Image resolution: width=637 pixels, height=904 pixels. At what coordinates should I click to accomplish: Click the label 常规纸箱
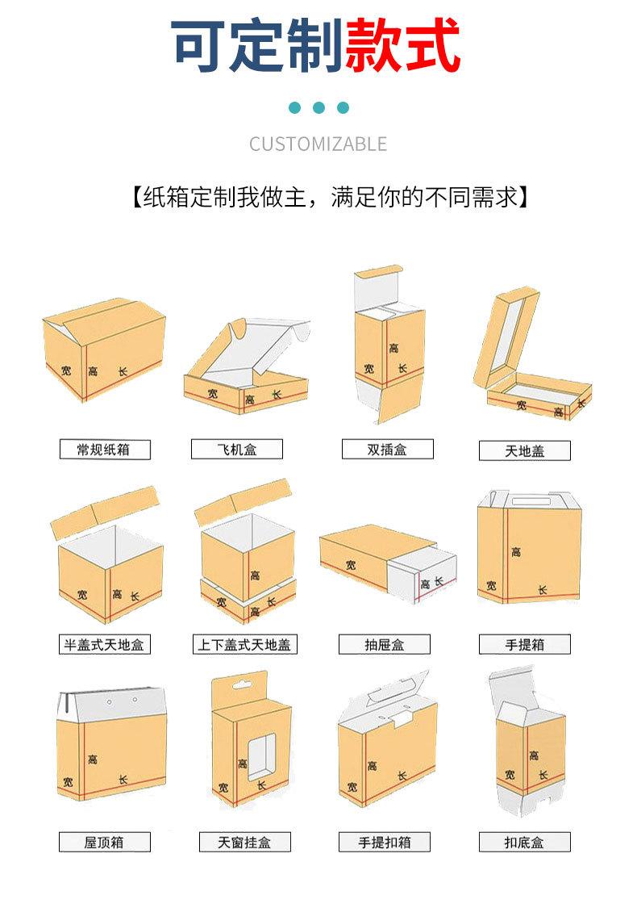[x=105, y=450]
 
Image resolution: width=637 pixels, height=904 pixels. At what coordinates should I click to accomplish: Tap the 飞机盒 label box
[x=237, y=449]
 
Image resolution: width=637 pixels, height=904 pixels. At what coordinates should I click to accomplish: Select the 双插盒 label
[x=388, y=449]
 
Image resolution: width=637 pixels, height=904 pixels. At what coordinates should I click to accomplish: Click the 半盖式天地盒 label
[x=105, y=645]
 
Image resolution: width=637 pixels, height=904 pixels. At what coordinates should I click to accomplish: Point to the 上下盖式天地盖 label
[x=245, y=645]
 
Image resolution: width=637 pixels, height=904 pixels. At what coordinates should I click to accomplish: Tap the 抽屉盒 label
[x=384, y=645]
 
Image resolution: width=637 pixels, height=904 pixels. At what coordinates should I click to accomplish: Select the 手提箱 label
[x=525, y=645]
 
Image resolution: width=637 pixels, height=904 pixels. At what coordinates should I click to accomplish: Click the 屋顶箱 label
[x=105, y=843]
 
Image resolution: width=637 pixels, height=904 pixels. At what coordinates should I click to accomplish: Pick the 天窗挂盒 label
[x=245, y=843]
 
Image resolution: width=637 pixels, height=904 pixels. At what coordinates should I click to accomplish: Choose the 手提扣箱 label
[x=384, y=843]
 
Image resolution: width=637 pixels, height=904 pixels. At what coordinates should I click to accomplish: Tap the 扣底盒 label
[x=525, y=843]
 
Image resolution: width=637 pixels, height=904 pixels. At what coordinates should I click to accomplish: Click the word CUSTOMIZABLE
[x=318, y=144]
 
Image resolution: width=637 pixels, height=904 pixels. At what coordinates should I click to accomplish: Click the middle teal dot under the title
[x=318, y=108]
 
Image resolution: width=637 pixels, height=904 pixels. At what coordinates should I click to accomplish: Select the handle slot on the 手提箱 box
[x=531, y=501]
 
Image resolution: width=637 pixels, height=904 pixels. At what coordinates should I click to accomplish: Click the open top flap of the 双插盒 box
[x=377, y=287]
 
